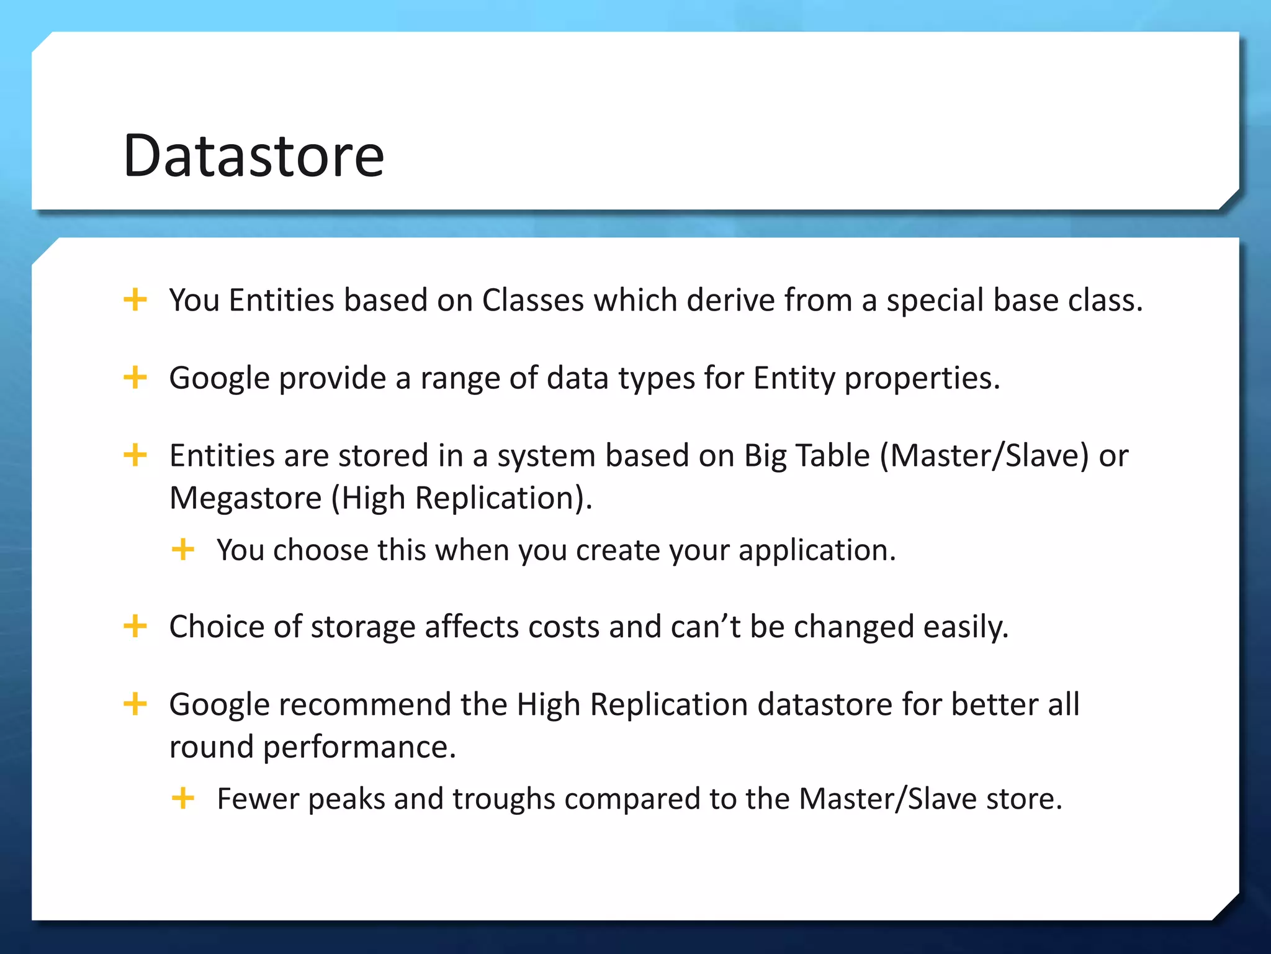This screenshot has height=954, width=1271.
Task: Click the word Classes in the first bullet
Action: coord(532,301)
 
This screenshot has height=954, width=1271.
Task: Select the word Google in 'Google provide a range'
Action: coord(218,378)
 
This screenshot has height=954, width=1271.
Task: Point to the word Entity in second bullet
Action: coord(794,378)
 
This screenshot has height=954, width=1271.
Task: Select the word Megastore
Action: coord(245,498)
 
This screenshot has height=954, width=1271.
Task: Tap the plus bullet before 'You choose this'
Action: coord(182,549)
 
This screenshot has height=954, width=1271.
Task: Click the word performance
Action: coord(359,747)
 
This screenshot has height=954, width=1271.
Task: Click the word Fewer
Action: coord(258,799)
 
